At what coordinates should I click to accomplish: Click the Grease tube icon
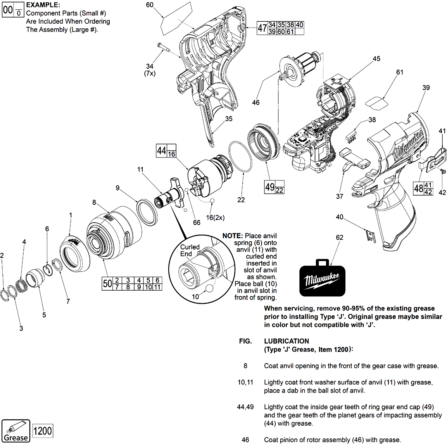pyautogui.click(x=16, y=430)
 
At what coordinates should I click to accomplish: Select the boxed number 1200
pyautogui.click(x=42, y=431)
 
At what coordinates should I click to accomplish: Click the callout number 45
pyautogui.click(x=376, y=59)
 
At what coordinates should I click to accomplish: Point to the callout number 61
pyautogui.click(x=400, y=73)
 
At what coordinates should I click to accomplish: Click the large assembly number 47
pyautogui.click(x=262, y=28)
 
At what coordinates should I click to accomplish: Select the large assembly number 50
pyautogui.click(x=107, y=284)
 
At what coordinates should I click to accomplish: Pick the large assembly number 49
pyautogui.click(x=270, y=187)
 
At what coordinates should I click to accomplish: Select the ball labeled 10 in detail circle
pyautogui.click(x=210, y=289)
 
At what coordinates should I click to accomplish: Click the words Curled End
pyautogui.click(x=190, y=250)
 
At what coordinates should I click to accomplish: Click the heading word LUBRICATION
pyautogui.click(x=286, y=341)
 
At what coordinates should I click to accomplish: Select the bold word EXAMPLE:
pyautogui.click(x=43, y=5)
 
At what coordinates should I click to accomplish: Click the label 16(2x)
pyautogui.click(x=215, y=218)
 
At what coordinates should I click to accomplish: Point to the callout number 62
pyautogui.click(x=339, y=237)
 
